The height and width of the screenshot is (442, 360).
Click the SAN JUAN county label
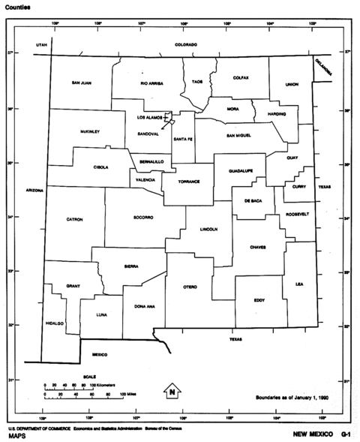click(x=82, y=83)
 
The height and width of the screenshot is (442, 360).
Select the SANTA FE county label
click(x=183, y=139)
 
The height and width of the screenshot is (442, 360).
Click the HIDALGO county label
click(x=55, y=323)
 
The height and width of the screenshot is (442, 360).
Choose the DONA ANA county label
click(x=145, y=306)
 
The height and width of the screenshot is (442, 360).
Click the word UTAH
click(x=41, y=46)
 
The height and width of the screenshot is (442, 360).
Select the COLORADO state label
click(x=186, y=45)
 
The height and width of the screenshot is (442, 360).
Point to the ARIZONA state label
click(x=34, y=191)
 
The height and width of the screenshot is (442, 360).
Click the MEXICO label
click(x=100, y=353)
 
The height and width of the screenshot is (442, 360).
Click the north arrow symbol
click(x=172, y=391)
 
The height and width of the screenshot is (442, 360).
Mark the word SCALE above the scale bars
click(x=89, y=376)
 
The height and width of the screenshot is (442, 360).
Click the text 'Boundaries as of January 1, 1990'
click(x=292, y=397)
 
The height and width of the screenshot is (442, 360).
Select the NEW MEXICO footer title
click(x=308, y=434)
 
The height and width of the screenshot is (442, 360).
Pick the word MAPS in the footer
click(x=17, y=435)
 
